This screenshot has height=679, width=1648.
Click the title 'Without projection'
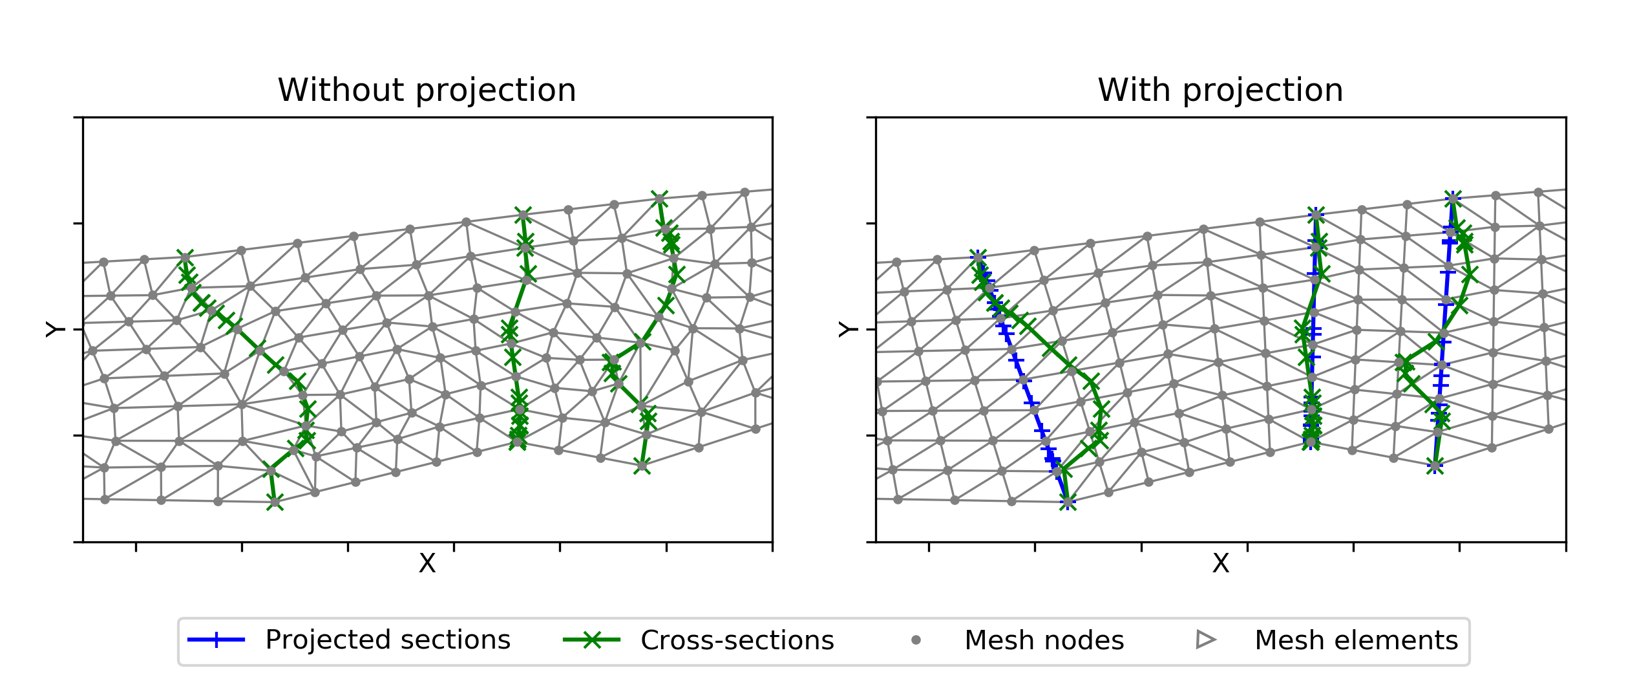427,90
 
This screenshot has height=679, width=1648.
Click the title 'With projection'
1220,90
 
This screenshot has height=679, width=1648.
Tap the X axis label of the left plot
427,563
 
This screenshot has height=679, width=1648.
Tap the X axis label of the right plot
1220,563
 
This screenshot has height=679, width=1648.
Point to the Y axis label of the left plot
56,329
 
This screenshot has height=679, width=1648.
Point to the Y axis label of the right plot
849,329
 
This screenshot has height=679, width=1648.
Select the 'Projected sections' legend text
388,640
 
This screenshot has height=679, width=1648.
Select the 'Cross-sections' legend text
737,640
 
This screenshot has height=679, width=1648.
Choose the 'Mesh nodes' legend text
1044,640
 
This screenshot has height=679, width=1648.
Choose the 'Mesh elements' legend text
1356,640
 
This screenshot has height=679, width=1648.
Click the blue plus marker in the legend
216,640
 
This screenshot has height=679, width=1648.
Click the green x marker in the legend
591,640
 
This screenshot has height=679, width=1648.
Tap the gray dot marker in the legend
916,640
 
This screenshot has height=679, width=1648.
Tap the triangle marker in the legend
1205,640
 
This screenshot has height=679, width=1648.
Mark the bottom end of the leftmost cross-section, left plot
275,502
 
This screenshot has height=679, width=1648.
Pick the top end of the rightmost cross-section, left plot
659,198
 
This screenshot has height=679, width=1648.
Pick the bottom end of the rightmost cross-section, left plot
642,466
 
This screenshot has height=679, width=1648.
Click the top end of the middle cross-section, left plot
523,215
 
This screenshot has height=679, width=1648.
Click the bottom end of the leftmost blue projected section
1068,501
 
